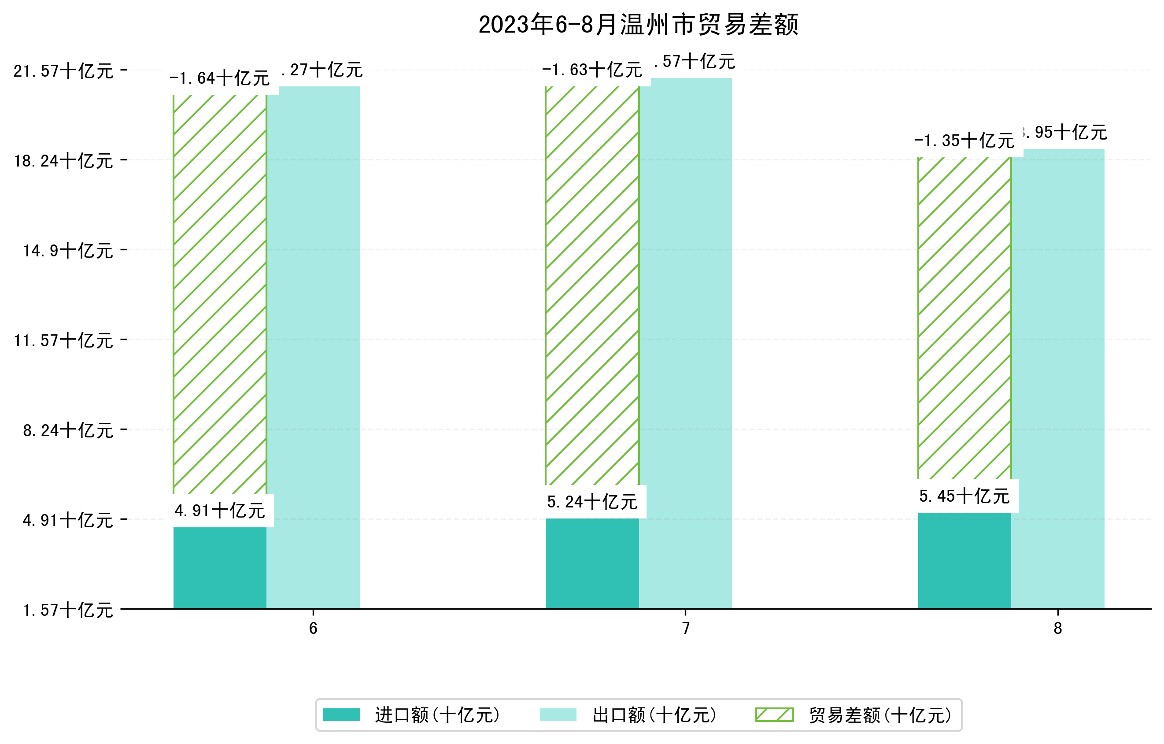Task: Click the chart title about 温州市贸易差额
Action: point(638,25)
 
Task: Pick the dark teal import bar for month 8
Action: point(964,560)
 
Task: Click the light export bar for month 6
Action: point(313,348)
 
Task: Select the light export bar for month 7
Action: point(685,343)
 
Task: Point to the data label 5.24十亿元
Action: point(592,502)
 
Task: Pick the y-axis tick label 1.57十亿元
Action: point(68,610)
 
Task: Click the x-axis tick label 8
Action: point(1058,629)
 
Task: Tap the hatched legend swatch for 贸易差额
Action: point(774,715)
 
